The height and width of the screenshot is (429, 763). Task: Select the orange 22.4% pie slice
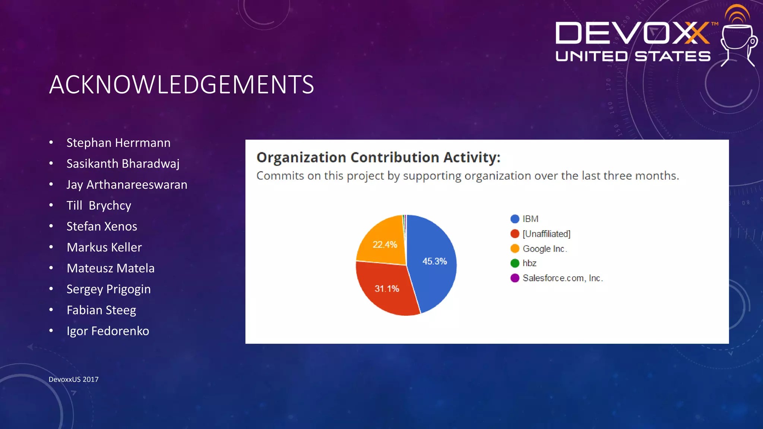pyautogui.click(x=384, y=238)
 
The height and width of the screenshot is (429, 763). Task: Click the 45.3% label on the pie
pyautogui.click(x=434, y=261)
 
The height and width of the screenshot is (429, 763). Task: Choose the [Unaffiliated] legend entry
pyautogui.click(x=546, y=234)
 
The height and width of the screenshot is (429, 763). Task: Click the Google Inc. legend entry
pyautogui.click(x=544, y=249)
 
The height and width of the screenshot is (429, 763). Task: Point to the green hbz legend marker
pyautogui.click(x=515, y=263)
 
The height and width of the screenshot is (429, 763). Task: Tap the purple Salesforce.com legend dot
pyautogui.click(x=515, y=278)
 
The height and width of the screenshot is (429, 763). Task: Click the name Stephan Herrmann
pyautogui.click(x=118, y=143)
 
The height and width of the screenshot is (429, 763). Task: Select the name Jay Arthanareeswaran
pyautogui.click(x=127, y=185)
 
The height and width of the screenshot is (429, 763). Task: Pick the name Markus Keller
pyautogui.click(x=104, y=247)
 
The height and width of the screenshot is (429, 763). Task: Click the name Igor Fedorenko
pyautogui.click(x=108, y=331)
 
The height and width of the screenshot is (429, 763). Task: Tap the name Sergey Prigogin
pyautogui.click(x=108, y=289)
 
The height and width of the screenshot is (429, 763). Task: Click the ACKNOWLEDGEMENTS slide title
pyautogui.click(x=181, y=85)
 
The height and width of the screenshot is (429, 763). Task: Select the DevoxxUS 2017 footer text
pyautogui.click(x=73, y=379)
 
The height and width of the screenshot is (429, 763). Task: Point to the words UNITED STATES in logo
pyautogui.click(x=633, y=57)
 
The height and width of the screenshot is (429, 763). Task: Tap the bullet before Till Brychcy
pyautogui.click(x=51, y=205)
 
